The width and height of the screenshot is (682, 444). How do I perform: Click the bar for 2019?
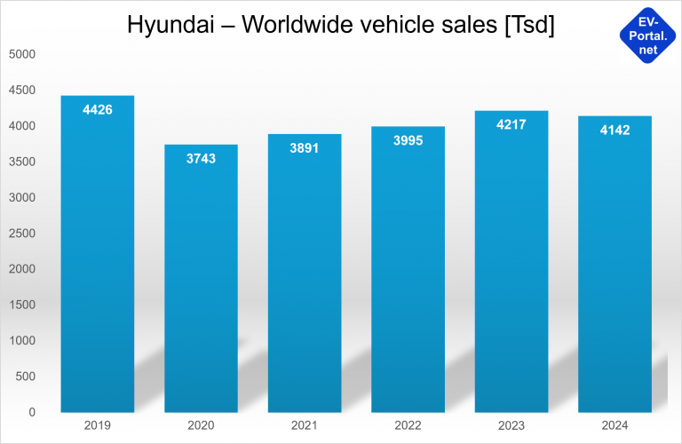(x=97, y=258)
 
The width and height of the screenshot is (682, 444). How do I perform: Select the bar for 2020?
(x=201, y=284)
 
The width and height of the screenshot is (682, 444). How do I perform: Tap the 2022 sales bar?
(x=408, y=275)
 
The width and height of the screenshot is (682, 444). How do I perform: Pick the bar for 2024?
(x=615, y=266)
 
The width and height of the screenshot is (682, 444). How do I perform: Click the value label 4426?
(x=97, y=110)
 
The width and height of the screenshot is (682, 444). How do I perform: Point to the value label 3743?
(x=201, y=159)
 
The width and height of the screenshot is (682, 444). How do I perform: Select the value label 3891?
(x=304, y=148)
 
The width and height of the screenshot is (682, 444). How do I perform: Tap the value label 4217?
(x=511, y=125)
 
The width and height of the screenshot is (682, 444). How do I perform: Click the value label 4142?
(x=615, y=131)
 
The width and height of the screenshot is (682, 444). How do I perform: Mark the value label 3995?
(x=408, y=141)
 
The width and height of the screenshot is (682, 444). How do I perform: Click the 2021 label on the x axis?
(x=304, y=426)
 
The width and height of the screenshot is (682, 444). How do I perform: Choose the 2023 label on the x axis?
(x=511, y=426)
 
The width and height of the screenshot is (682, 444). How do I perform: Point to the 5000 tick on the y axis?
(x=21, y=54)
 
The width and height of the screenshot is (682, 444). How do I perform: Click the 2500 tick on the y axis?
(x=21, y=233)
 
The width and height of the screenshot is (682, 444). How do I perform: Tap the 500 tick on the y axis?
(x=25, y=377)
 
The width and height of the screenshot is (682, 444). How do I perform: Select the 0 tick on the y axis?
(x=31, y=412)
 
